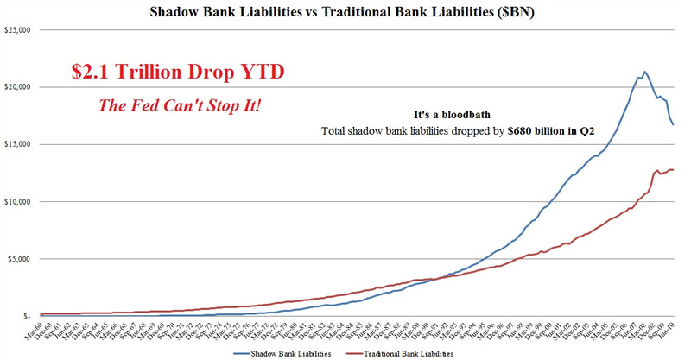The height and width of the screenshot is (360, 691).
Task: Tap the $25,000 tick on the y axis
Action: [x=16, y=30]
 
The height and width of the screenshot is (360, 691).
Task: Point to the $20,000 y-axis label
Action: [x=16, y=87]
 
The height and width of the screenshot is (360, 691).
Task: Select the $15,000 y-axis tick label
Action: [x=16, y=144]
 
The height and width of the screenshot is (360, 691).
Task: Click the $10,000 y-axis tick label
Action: [x=16, y=202]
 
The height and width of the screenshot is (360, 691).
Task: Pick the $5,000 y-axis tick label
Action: [x=18, y=259]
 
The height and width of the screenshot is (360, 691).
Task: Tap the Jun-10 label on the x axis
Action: [x=667, y=332]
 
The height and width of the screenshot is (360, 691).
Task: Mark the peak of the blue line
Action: [x=644, y=72]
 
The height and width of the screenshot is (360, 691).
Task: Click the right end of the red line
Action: [x=674, y=169]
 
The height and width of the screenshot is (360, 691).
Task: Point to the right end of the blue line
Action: [x=674, y=124]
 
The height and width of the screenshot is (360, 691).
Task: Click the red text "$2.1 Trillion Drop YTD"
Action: [x=177, y=73]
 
